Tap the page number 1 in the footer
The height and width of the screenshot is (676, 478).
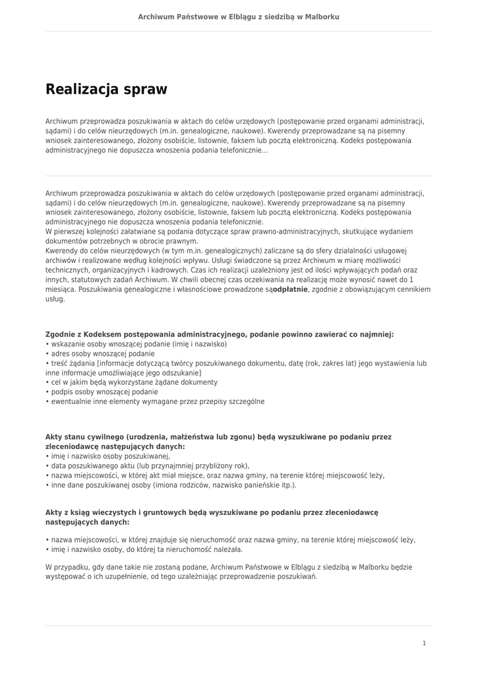coord(424,643)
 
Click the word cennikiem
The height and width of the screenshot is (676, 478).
coord(410,289)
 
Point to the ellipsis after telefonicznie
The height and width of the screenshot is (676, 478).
coord(265,151)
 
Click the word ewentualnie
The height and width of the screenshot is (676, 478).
coord(71,401)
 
